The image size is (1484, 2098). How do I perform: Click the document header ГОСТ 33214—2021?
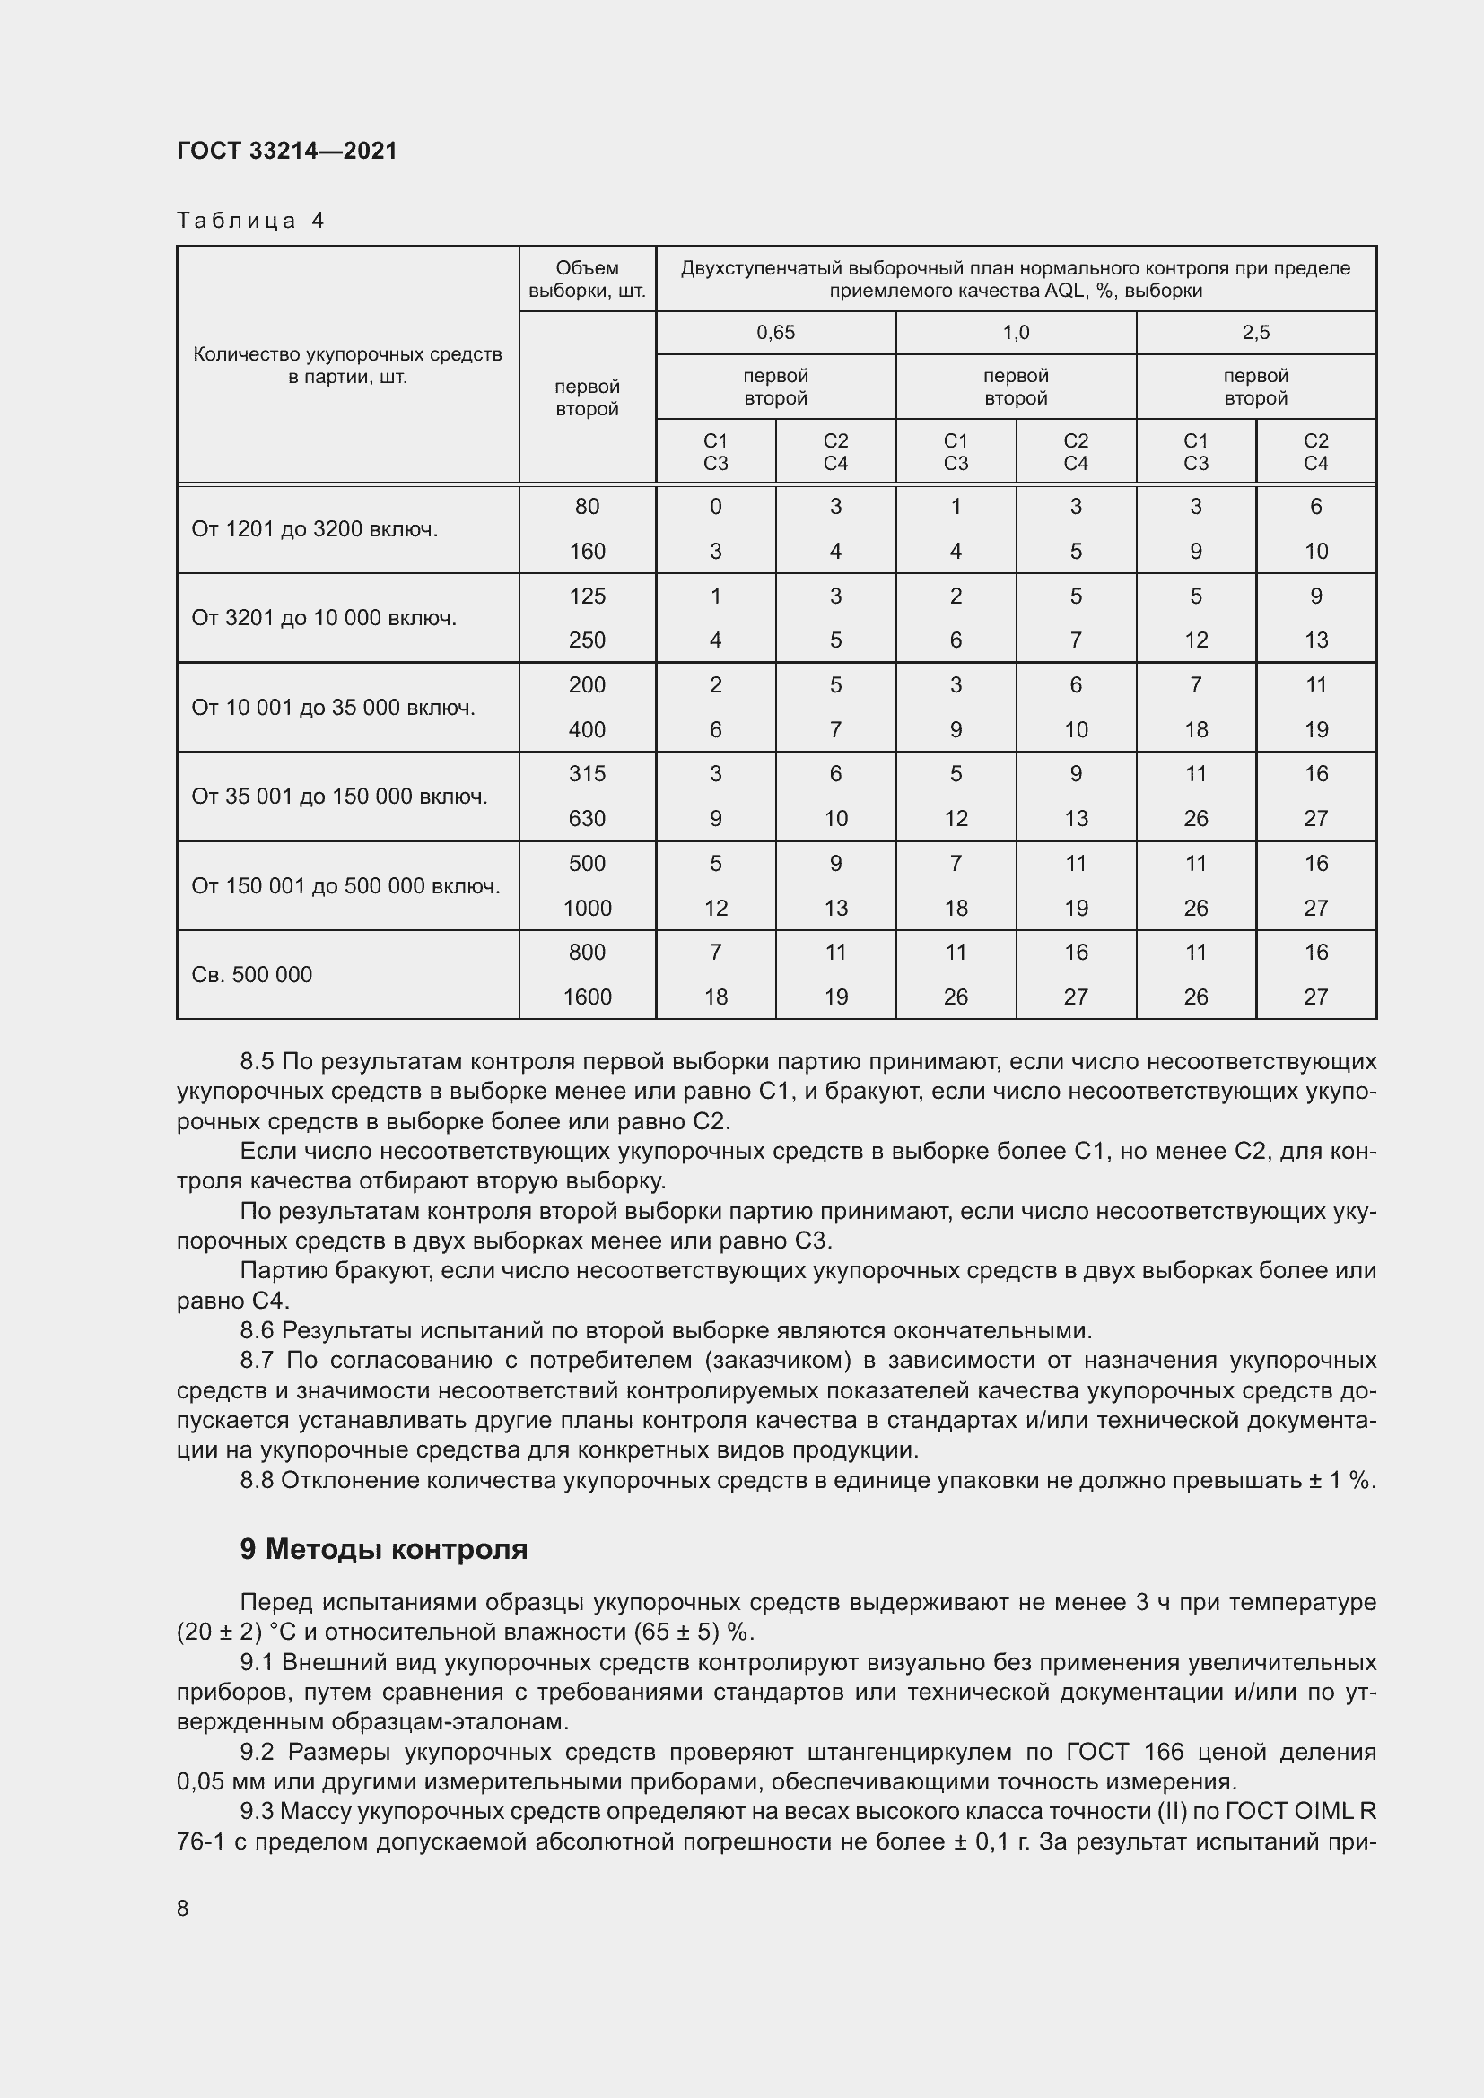(287, 151)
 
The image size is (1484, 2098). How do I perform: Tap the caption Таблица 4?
(250, 221)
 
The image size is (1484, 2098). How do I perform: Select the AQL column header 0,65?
(775, 333)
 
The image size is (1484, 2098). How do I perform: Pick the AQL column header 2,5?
(1255, 333)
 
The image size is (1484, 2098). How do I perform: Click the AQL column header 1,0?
(1016, 333)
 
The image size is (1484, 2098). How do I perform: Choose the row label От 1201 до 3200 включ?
(314, 529)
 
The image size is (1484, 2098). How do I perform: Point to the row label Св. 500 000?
(251, 974)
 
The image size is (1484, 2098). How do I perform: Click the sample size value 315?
(587, 774)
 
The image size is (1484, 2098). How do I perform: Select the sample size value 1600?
(587, 997)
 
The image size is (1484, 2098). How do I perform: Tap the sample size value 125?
(587, 596)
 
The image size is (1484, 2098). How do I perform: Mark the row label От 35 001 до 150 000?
(339, 796)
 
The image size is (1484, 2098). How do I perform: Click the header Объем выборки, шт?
(587, 280)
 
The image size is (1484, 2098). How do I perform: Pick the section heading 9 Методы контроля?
(384, 1549)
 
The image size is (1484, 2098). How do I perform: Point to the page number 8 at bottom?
(183, 1908)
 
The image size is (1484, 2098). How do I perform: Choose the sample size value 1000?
(587, 909)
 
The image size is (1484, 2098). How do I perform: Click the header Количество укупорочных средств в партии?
(347, 365)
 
